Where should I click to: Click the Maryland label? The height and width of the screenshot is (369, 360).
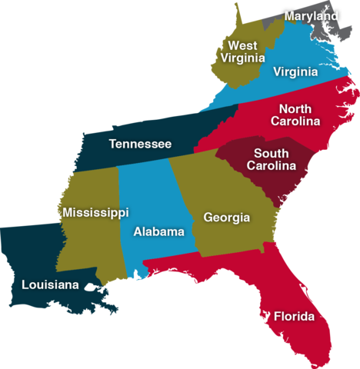click(311, 16)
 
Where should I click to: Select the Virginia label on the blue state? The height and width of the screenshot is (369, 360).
click(295, 71)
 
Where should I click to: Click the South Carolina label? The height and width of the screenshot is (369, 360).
click(271, 159)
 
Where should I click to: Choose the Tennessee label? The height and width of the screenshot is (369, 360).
click(140, 144)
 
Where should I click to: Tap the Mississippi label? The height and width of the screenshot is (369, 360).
click(95, 212)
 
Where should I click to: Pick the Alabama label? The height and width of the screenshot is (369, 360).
click(158, 231)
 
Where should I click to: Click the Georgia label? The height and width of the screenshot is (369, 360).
click(226, 218)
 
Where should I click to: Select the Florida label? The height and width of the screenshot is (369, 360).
click(294, 316)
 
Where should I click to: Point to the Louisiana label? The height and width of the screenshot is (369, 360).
click(50, 285)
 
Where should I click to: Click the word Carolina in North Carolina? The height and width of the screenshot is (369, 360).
click(295, 121)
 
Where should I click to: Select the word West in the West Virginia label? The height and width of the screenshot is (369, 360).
click(242, 45)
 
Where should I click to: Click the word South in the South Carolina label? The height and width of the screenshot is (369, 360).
click(271, 153)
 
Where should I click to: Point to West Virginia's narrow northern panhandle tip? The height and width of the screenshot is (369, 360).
click(235, 9)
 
